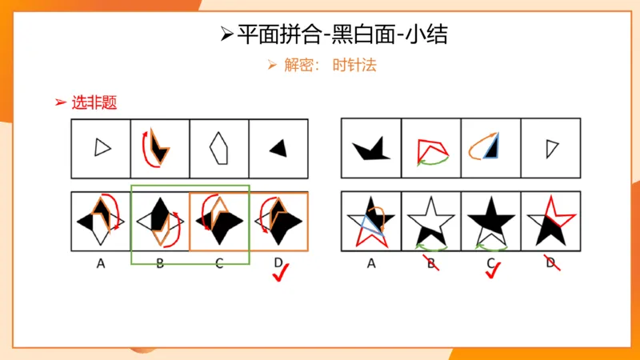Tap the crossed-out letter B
pyautogui.click(x=430, y=261)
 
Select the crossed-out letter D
pyautogui.click(x=550, y=261)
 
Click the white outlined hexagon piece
pyautogui.click(x=218, y=149)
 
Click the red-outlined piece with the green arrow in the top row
pyautogui.click(x=432, y=149)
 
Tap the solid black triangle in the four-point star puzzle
pyautogui.click(x=278, y=148)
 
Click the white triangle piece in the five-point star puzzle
pyautogui.click(x=550, y=147)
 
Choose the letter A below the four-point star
pyautogui.click(x=101, y=262)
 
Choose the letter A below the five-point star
pyautogui.click(x=370, y=262)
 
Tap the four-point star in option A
pyautogui.click(x=101, y=220)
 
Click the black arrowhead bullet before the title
pyautogui.click(x=227, y=34)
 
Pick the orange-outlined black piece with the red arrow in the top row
pyautogui.click(x=159, y=146)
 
